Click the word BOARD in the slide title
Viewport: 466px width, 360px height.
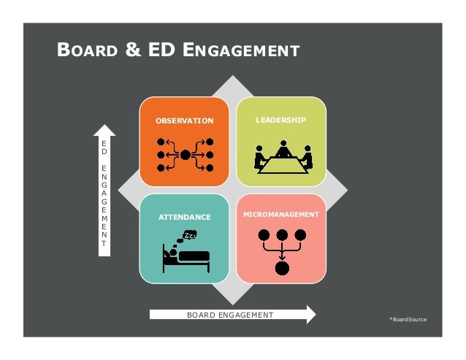86,50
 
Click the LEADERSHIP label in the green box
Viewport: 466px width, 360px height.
281,119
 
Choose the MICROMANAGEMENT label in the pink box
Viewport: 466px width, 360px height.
281,215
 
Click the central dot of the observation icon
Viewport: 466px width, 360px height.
186,155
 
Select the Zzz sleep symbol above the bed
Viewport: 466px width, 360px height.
189,236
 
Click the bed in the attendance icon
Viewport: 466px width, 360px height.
188,258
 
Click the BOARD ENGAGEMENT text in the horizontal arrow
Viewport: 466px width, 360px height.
230,315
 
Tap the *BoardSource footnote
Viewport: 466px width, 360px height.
408,320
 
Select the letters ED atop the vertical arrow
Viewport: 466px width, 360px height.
104,150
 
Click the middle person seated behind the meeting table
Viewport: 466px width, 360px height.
282,151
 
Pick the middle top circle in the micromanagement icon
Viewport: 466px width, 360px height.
280,236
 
